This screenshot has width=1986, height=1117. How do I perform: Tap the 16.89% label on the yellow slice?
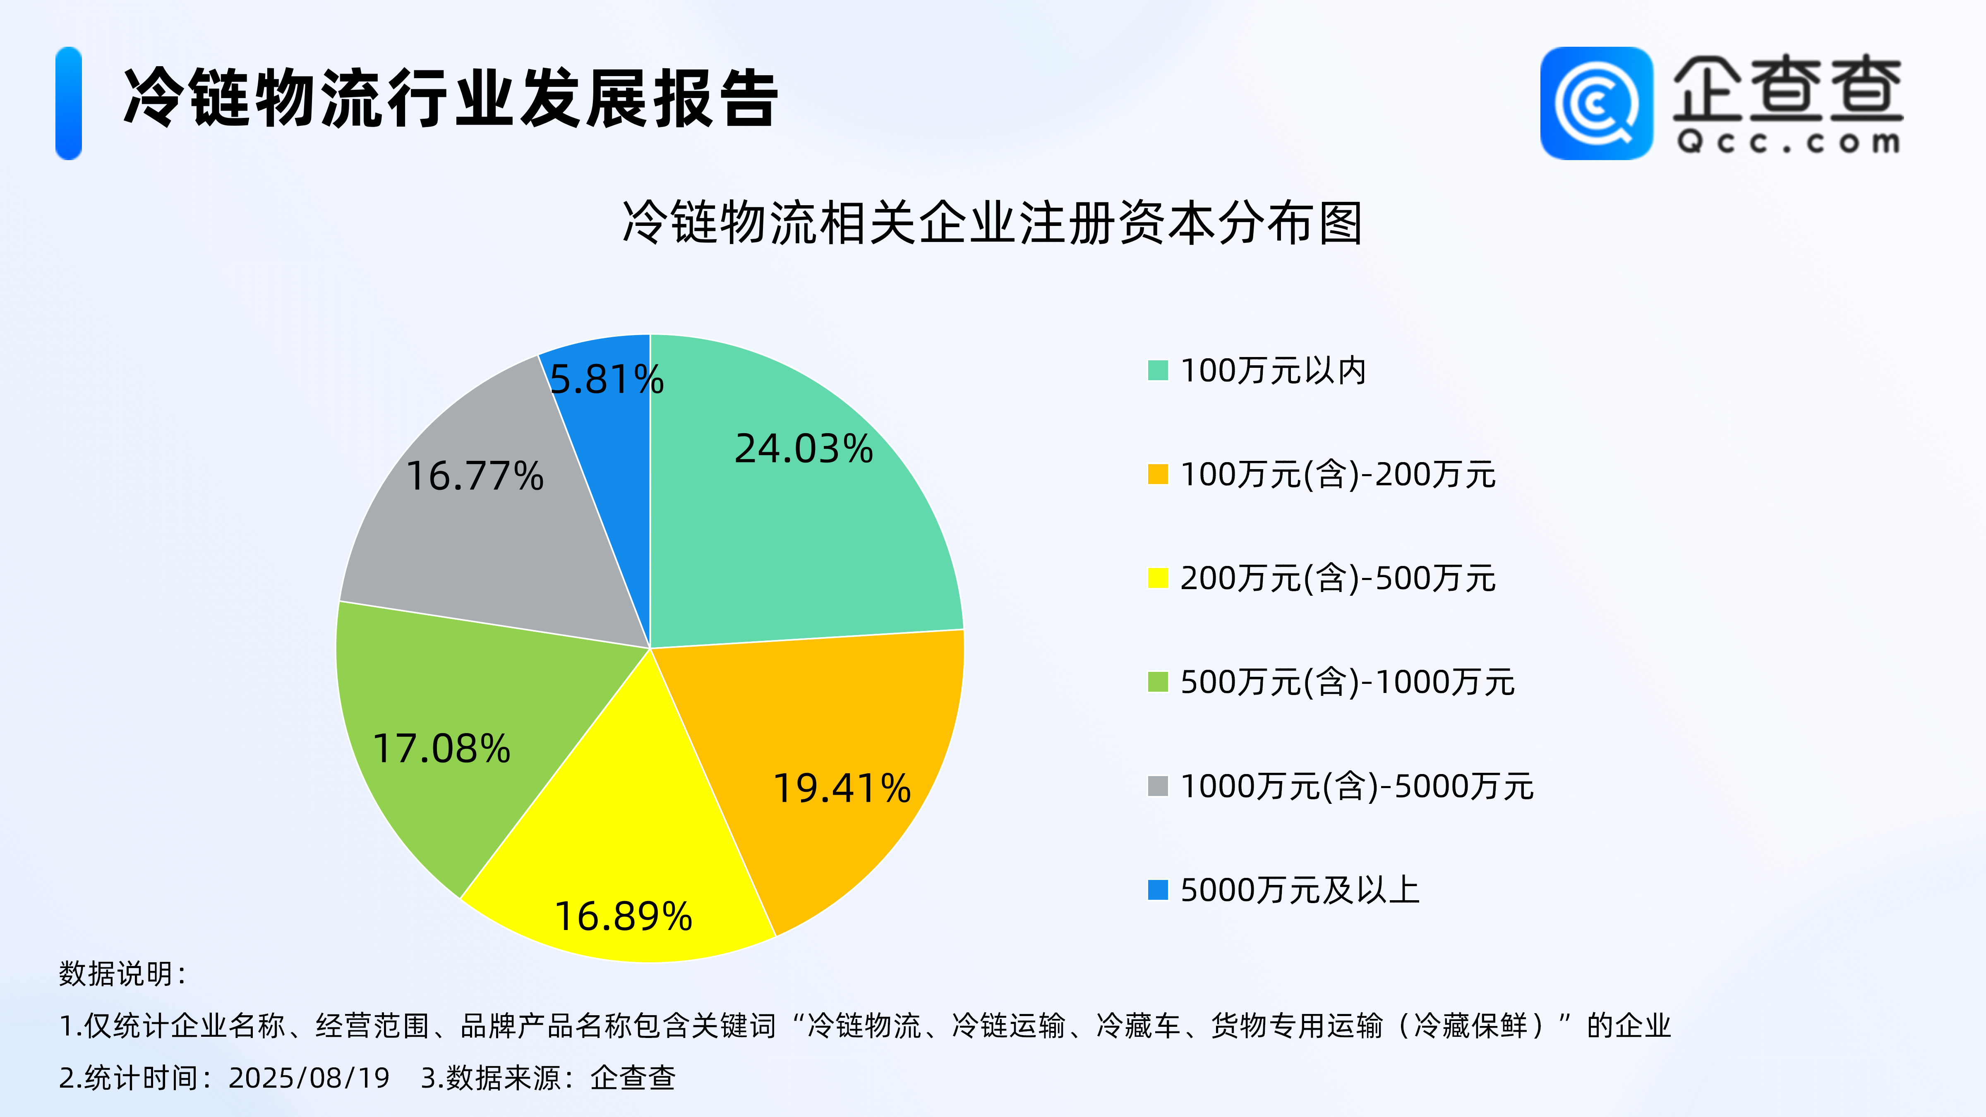pyautogui.click(x=624, y=917)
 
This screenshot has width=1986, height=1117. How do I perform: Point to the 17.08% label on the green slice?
pyautogui.click(x=441, y=748)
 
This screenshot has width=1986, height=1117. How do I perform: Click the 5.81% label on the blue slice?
pyautogui.click(x=607, y=379)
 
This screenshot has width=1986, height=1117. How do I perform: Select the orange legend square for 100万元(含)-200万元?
pyautogui.click(x=1158, y=474)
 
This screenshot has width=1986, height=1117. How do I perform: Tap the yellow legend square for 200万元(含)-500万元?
pyautogui.click(x=1158, y=578)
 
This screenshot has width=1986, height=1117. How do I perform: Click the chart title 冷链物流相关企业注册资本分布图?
pyautogui.click(x=992, y=223)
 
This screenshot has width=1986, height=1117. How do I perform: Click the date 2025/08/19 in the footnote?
pyautogui.click(x=309, y=1078)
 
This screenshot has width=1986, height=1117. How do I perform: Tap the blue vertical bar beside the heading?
pyautogui.click(x=69, y=103)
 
